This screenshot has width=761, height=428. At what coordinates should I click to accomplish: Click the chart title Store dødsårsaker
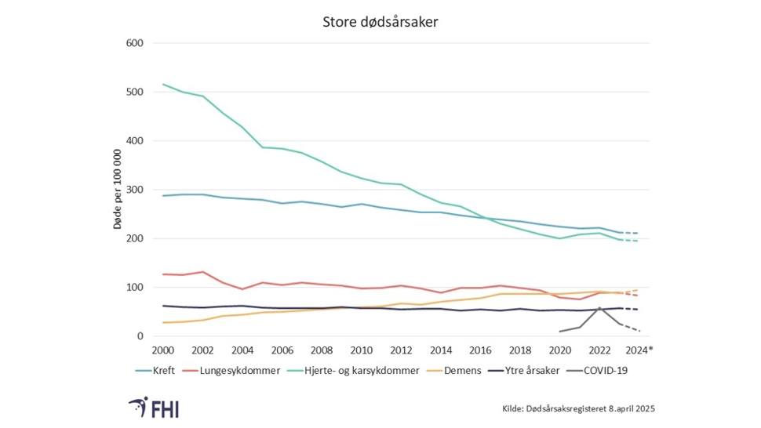pos(380,22)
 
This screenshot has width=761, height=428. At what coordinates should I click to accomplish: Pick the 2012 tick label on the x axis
pos(401,350)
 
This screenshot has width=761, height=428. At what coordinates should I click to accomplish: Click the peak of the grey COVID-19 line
pos(599,308)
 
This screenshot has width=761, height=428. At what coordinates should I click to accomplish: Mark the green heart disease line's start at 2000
pos(163,84)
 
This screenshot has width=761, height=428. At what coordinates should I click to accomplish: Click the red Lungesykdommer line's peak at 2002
pos(203,272)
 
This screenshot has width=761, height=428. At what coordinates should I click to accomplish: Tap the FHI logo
pos(155,408)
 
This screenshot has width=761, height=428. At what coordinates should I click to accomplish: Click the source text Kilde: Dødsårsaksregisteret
pos(578,408)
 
